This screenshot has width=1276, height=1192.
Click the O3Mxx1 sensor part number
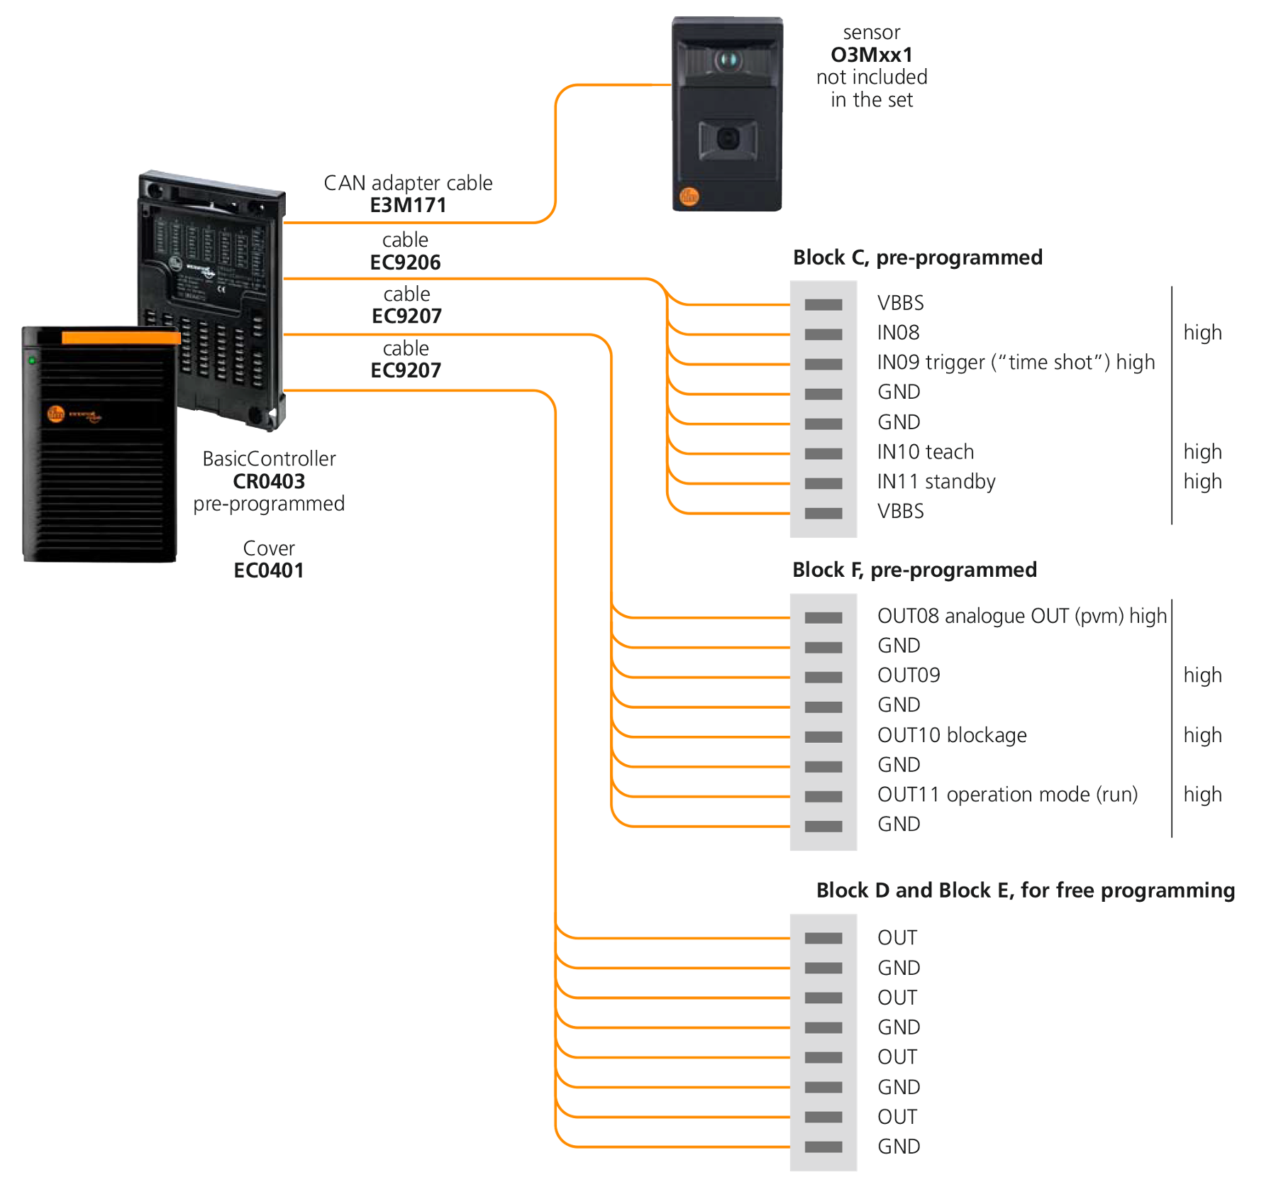[871, 55]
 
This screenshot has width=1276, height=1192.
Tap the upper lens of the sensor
[727, 60]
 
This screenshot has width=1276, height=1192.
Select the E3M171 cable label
[408, 205]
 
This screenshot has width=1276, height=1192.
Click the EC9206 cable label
[405, 263]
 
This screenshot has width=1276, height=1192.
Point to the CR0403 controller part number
[269, 482]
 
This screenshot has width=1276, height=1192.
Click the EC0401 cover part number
[268, 570]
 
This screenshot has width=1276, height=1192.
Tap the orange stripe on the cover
[121, 338]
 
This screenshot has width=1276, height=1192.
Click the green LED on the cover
[31, 360]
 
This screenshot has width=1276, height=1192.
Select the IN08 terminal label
[898, 333]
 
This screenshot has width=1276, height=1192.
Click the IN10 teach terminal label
[925, 452]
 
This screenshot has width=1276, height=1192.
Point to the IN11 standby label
[936, 482]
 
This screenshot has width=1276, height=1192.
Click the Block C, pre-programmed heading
[917, 258]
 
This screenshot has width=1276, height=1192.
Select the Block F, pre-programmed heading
[914, 570]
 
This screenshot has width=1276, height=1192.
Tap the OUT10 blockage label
[951, 735]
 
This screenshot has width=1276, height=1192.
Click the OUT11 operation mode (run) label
[1006, 795]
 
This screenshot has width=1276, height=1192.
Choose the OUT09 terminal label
[908, 675]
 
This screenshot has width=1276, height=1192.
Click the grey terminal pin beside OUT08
[823, 618]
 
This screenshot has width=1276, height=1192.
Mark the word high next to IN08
[1202, 333]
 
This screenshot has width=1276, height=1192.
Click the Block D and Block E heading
[1025, 890]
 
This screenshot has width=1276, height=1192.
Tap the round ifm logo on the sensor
[689, 197]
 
